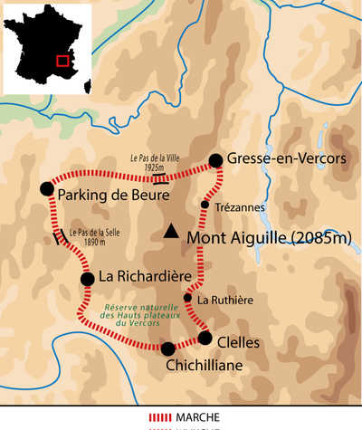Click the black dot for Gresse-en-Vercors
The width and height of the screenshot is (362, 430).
[215, 161]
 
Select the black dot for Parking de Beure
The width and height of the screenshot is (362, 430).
[46, 188]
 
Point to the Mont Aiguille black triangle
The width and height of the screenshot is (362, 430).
[170, 233]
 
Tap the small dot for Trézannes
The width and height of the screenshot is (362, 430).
[205, 205]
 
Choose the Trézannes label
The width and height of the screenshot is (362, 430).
[242, 207]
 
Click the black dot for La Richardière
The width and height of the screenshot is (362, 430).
[87, 279]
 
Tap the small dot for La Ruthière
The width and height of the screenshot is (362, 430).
[188, 298]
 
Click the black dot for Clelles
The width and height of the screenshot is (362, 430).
[205, 339]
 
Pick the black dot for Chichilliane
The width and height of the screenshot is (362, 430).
[167, 349]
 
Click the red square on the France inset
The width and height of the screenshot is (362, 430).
[62, 61]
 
